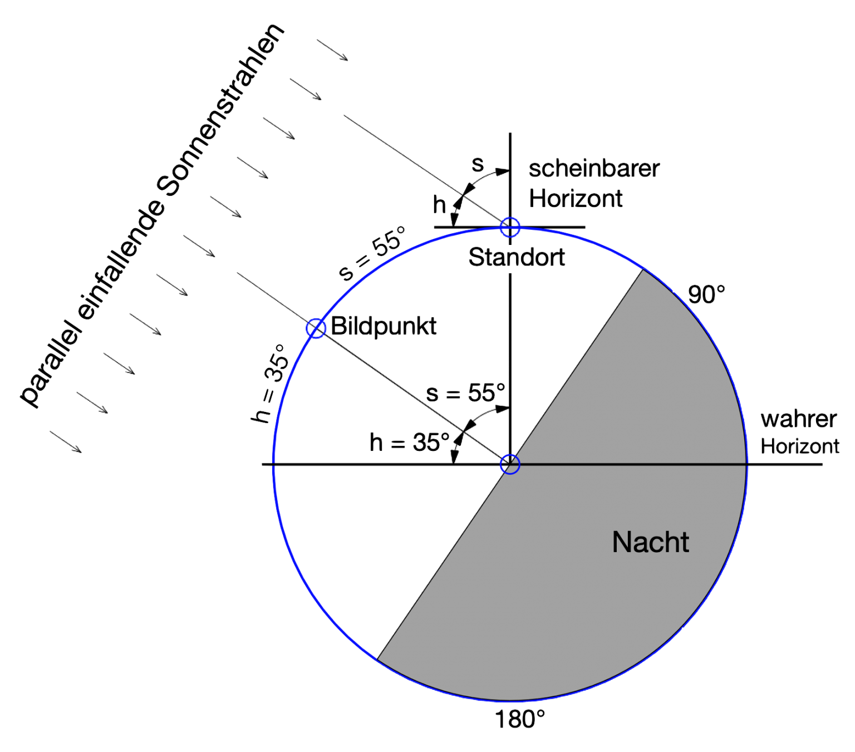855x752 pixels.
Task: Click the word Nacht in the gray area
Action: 650,542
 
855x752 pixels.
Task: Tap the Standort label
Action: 517,257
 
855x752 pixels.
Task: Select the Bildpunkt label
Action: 384,326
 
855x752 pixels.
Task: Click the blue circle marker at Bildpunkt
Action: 316,328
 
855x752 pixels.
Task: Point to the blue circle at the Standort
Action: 510,227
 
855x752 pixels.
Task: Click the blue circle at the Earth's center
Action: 510,464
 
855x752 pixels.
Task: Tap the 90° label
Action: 706,294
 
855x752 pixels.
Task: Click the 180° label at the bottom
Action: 520,720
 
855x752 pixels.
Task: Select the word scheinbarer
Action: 593,168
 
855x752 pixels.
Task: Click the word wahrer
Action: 798,419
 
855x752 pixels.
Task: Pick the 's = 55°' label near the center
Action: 466,392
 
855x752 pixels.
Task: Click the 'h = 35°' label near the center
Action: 410,443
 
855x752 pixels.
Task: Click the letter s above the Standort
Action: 478,165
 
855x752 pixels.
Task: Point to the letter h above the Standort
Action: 440,205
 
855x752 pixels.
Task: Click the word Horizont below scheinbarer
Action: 576,198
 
